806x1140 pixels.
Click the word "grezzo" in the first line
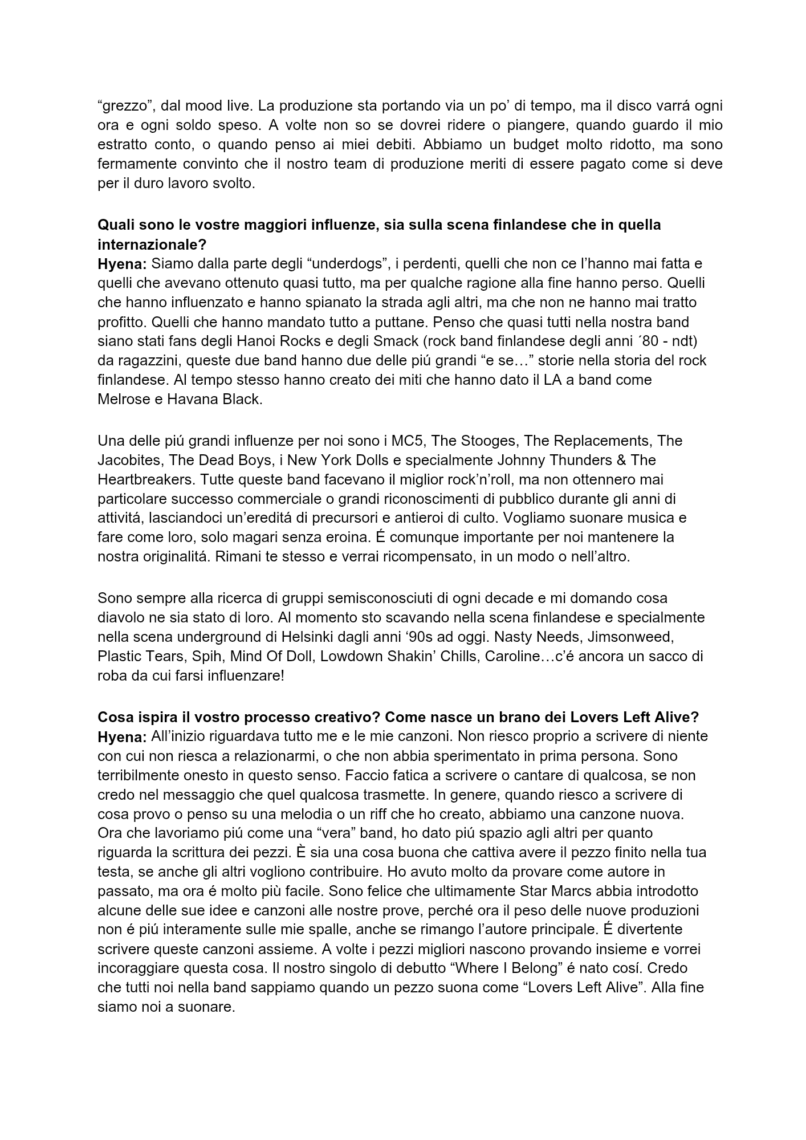(x=124, y=106)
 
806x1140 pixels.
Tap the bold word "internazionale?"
(x=152, y=245)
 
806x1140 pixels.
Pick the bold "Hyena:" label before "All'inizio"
(x=123, y=738)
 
